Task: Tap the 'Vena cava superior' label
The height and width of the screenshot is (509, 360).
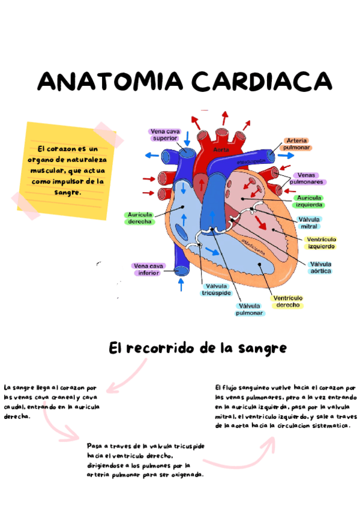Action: click(165, 134)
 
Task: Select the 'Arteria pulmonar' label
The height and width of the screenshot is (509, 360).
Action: click(296, 143)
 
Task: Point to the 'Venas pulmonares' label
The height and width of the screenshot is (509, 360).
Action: click(307, 178)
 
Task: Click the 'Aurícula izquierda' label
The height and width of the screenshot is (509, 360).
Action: click(308, 201)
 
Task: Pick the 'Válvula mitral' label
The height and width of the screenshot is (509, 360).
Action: click(308, 223)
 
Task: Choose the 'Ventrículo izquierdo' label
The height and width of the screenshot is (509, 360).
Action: click(322, 242)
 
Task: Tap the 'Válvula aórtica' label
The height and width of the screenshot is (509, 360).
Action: click(321, 268)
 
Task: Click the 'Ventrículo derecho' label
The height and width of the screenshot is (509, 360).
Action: click(288, 301)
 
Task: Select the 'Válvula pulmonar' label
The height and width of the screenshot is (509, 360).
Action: click(249, 309)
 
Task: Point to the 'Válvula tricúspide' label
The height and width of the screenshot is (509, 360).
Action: click(216, 290)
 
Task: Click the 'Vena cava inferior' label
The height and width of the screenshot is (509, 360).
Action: click(148, 269)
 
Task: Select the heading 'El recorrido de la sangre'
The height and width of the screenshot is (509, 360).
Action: click(197, 348)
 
